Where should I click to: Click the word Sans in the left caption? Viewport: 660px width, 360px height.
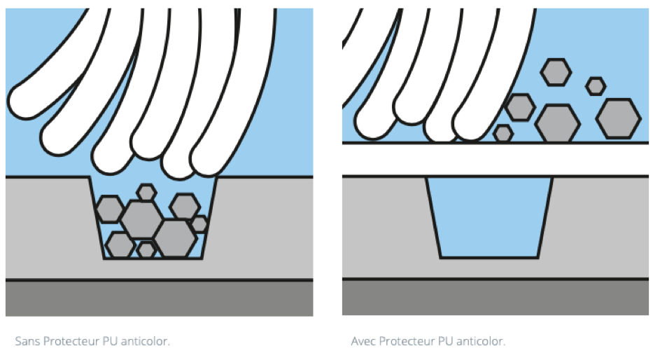tap(27, 340)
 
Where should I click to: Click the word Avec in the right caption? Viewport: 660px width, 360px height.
tap(363, 340)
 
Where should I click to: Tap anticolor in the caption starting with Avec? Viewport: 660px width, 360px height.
tap(481, 340)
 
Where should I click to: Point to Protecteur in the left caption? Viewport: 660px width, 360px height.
tap(71, 340)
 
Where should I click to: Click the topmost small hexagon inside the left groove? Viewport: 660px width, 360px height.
tap(146, 192)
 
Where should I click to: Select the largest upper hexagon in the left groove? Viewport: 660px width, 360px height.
tap(142, 219)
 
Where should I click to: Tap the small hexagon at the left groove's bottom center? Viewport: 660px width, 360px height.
tap(146, 249)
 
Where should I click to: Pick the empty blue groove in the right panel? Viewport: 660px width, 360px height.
tap(489, 217)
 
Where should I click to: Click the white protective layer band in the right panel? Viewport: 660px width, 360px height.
tap(496, 160)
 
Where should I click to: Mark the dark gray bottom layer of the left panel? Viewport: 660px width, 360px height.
tap(159, 298)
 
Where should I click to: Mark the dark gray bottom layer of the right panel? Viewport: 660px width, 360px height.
tap(496, 297)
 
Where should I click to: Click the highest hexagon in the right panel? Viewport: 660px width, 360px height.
tap(556, 72)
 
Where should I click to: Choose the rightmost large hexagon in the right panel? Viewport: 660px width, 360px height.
tap(618, 119)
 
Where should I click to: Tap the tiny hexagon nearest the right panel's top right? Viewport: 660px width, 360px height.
tap(596, 86)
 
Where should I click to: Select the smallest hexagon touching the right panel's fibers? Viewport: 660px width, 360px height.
tap(503, 134)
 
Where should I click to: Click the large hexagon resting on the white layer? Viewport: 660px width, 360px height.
tap(557, 124)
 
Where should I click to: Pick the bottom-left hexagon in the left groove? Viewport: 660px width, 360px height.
tap(120, 244)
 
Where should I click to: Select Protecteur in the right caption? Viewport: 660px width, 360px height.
tap(407, 340)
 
